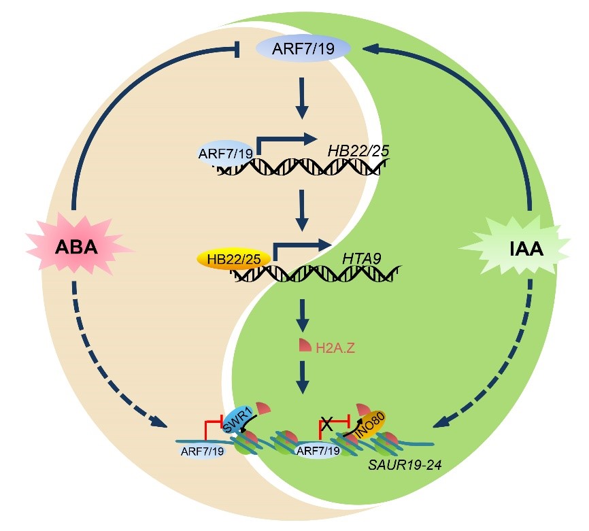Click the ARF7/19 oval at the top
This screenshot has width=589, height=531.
(x=303, y=49)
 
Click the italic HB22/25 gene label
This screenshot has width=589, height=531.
(x=358, y=150)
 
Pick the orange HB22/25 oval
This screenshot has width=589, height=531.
(x=234, y=259)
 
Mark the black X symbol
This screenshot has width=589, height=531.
(x=326, y=424)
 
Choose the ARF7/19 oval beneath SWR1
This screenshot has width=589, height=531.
(x=202, y=451)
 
